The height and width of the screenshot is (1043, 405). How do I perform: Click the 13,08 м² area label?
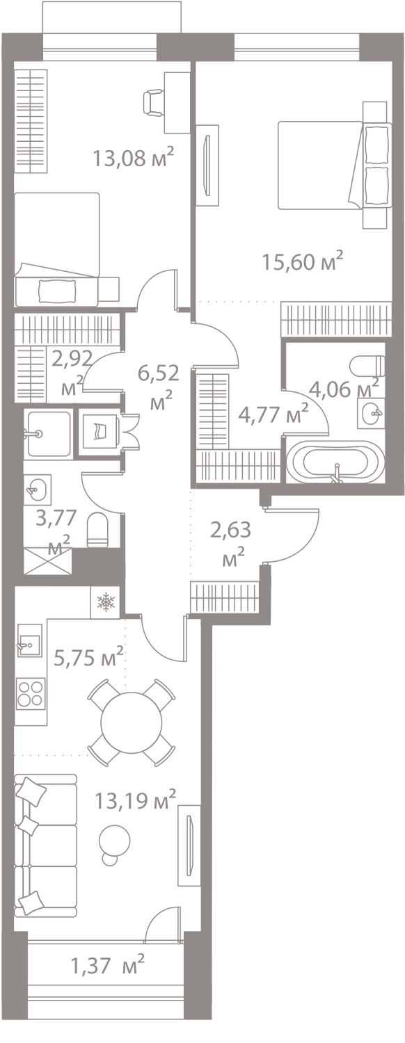pos(134,156)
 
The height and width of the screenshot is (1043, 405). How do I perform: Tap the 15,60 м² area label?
pos(303,261)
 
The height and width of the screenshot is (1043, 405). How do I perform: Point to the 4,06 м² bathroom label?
pos(344,388)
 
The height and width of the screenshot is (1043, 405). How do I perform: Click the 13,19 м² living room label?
pos(136,800)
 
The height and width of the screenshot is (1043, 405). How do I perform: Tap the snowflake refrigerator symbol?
pos(105,603)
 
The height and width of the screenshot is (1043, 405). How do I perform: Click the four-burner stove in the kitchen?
pos(31,693)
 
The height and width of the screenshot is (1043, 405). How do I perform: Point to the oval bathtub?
pos(335,462)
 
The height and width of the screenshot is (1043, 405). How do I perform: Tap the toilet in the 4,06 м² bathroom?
pos(368,366)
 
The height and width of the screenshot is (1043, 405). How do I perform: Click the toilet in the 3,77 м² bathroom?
pos(97,530)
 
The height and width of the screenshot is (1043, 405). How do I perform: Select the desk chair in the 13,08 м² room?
pos(153,102)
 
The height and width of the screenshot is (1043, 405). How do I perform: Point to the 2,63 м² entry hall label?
pos(231,543)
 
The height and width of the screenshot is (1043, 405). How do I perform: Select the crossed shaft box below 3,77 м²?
pos(48,561)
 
